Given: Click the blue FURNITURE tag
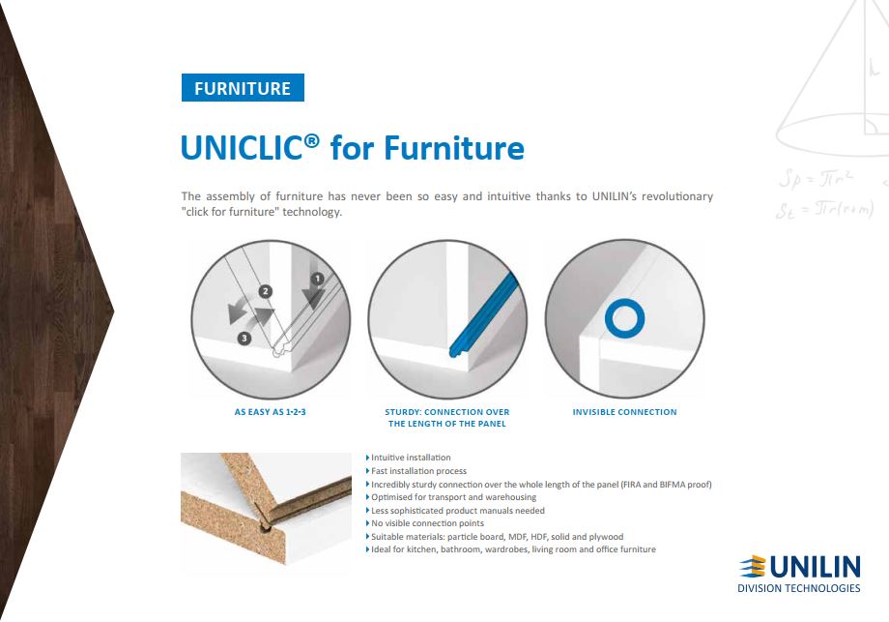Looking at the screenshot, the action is (243, 87).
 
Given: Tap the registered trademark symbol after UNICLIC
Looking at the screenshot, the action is (312, 140).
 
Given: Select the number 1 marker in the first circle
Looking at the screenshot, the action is (318, 279).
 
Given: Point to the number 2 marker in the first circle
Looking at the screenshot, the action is (266, 292).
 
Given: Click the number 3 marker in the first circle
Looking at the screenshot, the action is (244, 339).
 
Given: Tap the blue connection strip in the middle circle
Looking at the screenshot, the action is (483, 316).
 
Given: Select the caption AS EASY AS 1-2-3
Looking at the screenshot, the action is (270, 412).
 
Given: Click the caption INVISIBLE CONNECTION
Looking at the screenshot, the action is (625, 412).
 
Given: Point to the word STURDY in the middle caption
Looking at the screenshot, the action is (402, 412).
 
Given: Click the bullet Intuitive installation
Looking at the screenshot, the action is (409, 458).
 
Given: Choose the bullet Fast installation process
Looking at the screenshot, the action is (416, 471).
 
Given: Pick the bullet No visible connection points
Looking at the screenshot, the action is (425, 523).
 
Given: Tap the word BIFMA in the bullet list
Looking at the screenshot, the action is (673, 485).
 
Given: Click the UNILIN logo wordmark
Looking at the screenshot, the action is (815, 568).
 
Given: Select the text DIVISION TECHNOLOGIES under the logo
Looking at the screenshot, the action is (799, 588).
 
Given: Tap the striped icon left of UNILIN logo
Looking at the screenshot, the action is (754, 568).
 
